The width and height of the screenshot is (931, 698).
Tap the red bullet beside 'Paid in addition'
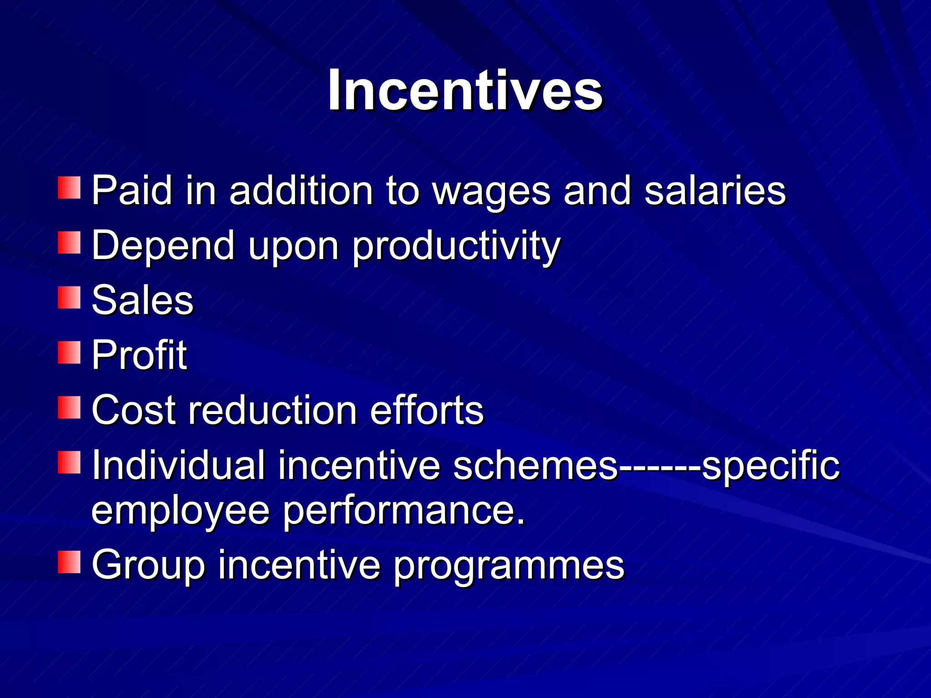tap(69, 188)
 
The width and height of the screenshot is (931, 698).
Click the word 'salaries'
tap(715, 191)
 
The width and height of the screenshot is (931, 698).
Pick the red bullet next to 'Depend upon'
tap(69, 243)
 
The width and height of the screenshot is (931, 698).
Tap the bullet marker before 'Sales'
tap(69, 298)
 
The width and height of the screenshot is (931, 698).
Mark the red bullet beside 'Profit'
tap(69, 353)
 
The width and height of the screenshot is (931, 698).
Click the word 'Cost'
tap(134, 410)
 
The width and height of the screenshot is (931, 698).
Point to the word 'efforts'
tap(427, 410)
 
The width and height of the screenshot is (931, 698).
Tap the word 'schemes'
tap(535, 465)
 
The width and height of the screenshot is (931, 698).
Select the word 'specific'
tap(771, 466)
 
